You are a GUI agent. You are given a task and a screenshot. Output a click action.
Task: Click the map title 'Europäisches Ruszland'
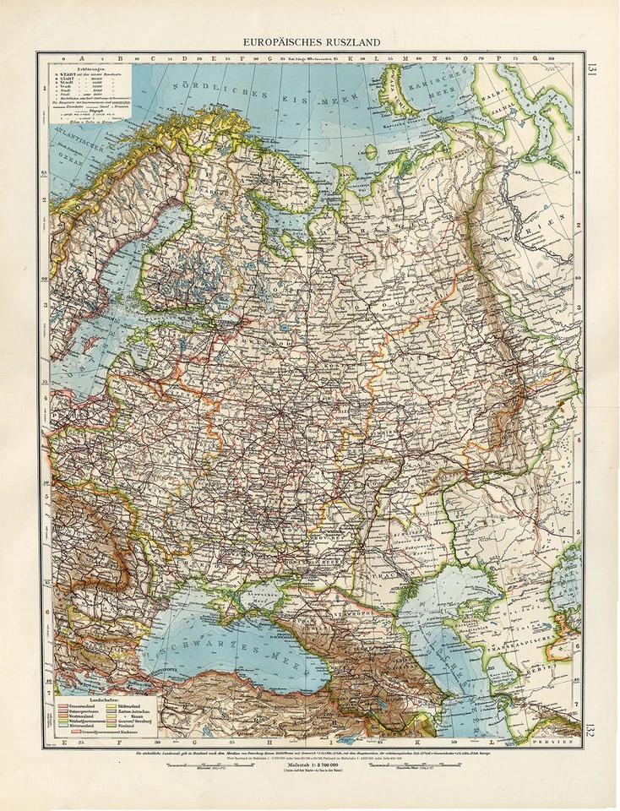point(312,41)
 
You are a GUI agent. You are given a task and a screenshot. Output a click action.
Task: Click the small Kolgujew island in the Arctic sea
point(371,152)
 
